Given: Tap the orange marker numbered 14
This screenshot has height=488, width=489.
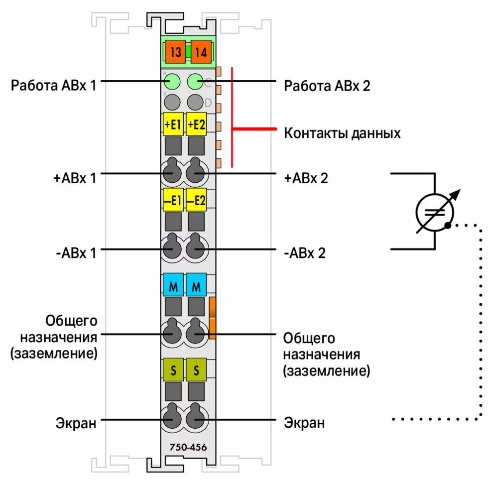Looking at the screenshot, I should [201, 52].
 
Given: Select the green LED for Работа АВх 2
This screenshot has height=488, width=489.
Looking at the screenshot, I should [195, 81].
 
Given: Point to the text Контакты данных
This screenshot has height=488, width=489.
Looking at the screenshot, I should [342, 133].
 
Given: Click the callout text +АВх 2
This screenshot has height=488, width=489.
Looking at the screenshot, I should [306, 178].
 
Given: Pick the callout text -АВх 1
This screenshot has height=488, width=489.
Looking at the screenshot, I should [77, 252].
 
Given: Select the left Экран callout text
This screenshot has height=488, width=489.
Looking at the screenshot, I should [76, 423].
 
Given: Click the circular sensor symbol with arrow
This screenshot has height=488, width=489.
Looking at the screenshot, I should [434, 211].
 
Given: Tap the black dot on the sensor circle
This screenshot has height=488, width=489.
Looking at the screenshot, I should [448, 226].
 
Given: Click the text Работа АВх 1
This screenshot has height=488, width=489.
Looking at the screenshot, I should [54, 85].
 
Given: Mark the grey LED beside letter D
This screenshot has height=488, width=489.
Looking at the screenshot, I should [195, 102].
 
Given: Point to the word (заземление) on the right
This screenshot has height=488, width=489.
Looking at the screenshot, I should [326, 370].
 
